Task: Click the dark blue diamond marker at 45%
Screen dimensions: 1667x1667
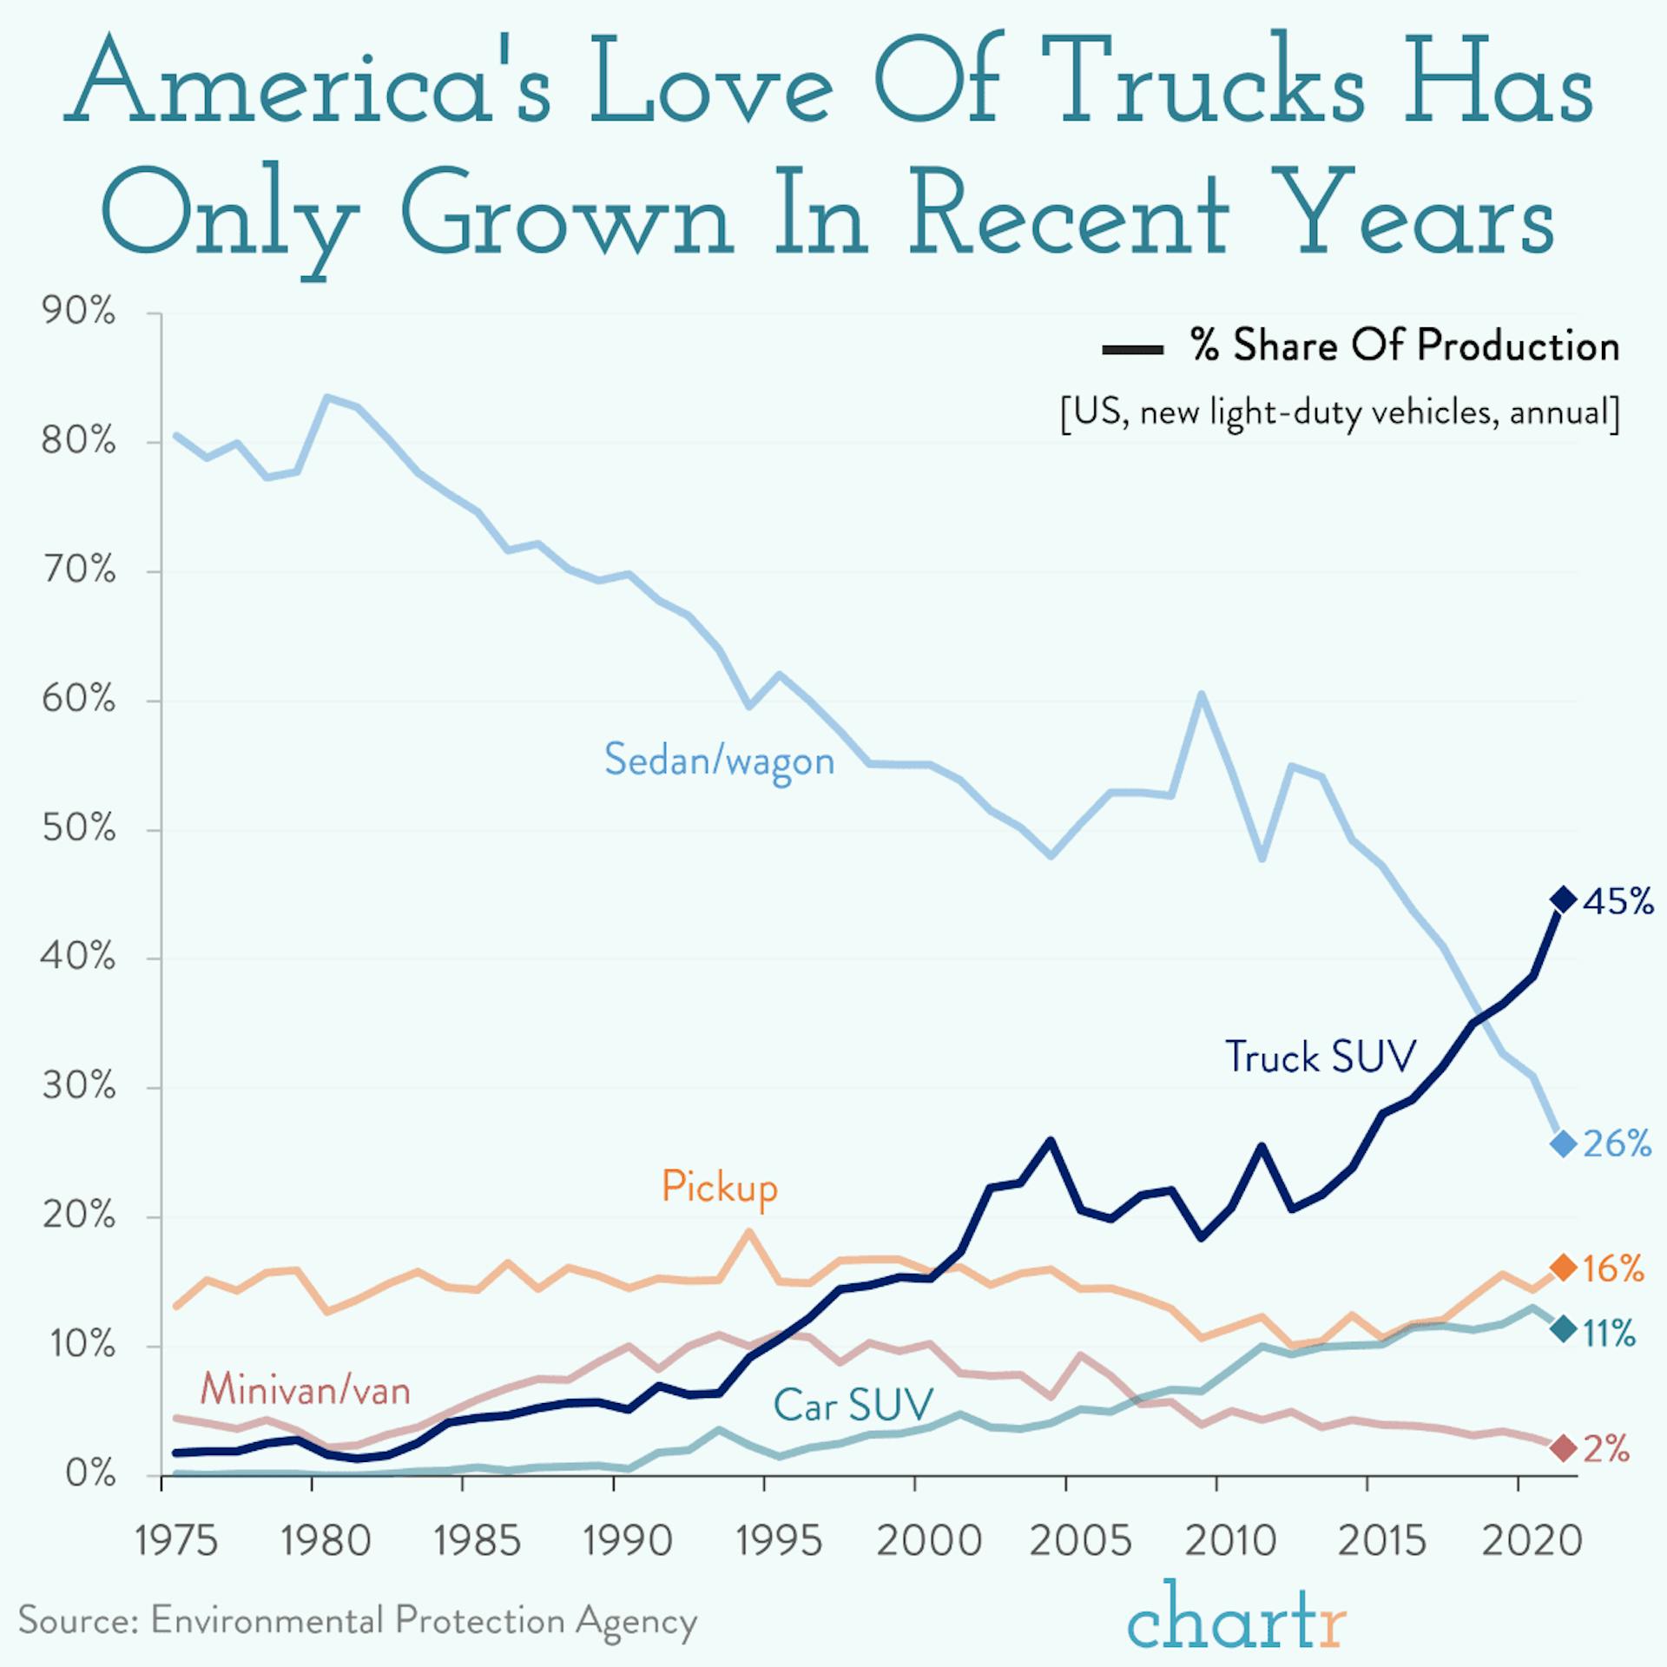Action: pyautogui.click(x=1563, y=900)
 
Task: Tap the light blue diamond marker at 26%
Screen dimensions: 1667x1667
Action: pyautogui.click(x=1563, y=1144)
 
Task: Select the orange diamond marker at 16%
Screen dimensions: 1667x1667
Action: pyautogui.click(x=1563, y=1268)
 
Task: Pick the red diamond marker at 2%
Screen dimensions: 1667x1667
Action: pyautogui.click(x=1563, y=1448)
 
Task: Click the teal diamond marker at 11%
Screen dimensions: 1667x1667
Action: pyautogui.click(x=1563, y=1329)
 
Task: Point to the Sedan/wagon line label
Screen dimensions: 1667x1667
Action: pyautogui.click(x=719, y=761)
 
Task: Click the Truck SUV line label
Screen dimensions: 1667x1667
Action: pyautogui.click(x=1320, y=1057)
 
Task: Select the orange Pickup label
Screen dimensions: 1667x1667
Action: pyautogui.click(x=719, y=1187)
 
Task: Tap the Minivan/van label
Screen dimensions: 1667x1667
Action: pyautogui.click(x=305, y=1390)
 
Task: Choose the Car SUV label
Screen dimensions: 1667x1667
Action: pyautogui.click(x=853, y=1405)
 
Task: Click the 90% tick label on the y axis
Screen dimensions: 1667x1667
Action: pyautogui.click(x=78, y=312)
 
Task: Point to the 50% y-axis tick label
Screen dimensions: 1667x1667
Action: pyautogui.click(x=78, y=828)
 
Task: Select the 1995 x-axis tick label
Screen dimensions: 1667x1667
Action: pyautogui.click(x=778, y=1541)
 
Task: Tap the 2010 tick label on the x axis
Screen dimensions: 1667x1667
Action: pyautogui.click(x=1229, y=1541)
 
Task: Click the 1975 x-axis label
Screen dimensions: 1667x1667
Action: pyautogui.click(x=176, y=1541)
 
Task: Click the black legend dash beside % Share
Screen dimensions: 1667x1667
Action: pyautogui.click(x=1132, y=350)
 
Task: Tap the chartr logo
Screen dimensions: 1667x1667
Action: pyautogui.click(x=1236, y=1614)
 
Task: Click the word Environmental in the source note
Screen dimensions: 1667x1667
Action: pyautogui.click(x=267, y=1620)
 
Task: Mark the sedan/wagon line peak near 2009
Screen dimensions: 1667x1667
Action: pyautogui.click(x=1201, y=695)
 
